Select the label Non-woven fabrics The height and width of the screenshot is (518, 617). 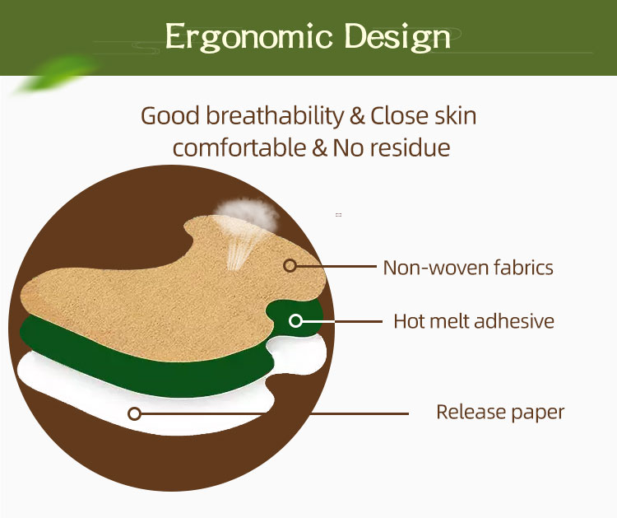(x=468, y=267)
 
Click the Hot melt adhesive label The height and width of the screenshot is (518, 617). (x=474, y=320)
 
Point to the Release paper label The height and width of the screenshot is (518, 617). (x=500, y=412)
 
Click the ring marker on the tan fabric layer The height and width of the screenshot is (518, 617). (x=290, y=265)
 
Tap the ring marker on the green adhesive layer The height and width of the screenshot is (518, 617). (x=295, y=320)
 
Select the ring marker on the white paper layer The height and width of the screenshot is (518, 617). (x=135, y=413)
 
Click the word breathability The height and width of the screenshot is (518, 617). (x=271, y=115)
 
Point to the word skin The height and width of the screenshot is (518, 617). (x=456, y=115)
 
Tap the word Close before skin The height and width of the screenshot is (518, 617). (x=400, y=115)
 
